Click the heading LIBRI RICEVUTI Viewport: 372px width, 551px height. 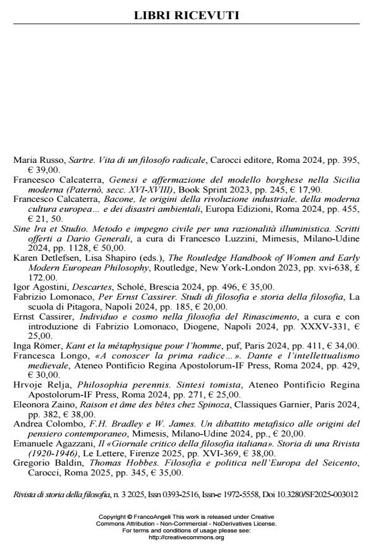[187, 15]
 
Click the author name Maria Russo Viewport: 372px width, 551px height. [37, 160]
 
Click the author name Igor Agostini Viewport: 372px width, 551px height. [37, 287]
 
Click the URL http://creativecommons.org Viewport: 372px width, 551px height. [186, 537]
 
